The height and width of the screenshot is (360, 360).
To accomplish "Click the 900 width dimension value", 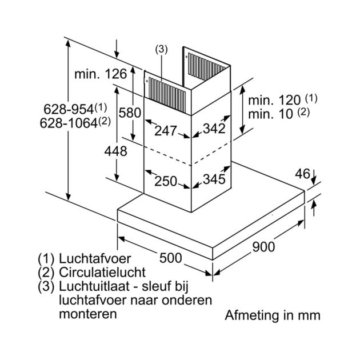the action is coord(263,247).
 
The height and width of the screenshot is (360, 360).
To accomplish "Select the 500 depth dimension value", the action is coord(171,258).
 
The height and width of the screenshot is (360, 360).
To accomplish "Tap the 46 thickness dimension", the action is coord(302,174).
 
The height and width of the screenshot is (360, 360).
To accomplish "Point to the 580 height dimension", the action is coord(130,113).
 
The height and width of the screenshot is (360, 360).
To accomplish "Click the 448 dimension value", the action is coord(115,151).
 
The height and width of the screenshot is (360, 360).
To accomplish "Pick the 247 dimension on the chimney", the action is coord(166,131).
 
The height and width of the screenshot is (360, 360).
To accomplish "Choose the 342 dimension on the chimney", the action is coord(214,129).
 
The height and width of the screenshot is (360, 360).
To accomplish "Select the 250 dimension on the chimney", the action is coord(166,181).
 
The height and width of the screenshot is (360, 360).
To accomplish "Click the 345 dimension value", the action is coord(214,179).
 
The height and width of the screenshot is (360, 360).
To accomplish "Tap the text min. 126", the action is coord(101,74).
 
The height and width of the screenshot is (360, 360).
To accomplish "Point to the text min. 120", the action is coord(274,101).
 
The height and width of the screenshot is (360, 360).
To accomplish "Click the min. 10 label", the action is coord(271,114).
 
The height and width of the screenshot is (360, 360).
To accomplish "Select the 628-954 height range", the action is coord(69,109).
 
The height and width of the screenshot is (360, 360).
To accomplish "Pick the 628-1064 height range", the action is coord(69,123).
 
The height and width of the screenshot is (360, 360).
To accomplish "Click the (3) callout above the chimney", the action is coord(161,50).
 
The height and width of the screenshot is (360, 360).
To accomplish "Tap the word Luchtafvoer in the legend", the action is coord(95,258).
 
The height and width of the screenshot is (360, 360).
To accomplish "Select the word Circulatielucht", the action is coord(102,273).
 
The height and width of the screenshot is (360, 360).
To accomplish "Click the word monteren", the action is coord(88,314).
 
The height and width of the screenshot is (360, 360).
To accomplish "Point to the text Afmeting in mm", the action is coord(273,315).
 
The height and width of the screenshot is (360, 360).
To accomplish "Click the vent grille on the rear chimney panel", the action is coord(206,67).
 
